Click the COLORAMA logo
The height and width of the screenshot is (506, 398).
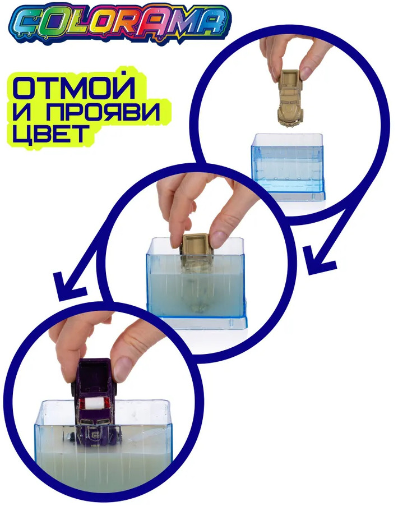[x=123, y=23]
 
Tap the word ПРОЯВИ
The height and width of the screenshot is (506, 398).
[x=103, y=112]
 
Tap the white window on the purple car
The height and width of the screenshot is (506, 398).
[x=96, y=403]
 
